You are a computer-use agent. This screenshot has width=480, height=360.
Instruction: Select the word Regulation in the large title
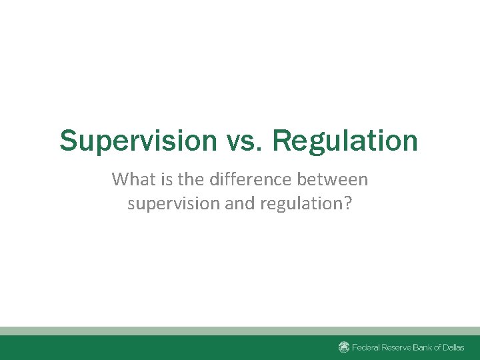[345, 141]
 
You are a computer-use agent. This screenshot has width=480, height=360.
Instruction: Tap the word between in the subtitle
[334, 179]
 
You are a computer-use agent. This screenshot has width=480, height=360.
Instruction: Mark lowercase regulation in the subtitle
[301, 203]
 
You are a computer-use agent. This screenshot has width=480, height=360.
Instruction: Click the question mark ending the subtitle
[347, 203]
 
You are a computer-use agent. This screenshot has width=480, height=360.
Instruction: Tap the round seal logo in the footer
[344, 347]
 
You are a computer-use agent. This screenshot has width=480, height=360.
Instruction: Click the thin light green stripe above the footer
[240, 331]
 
